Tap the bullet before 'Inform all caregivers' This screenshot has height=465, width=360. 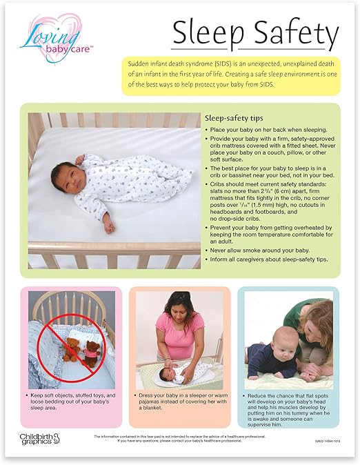[208, 259]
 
